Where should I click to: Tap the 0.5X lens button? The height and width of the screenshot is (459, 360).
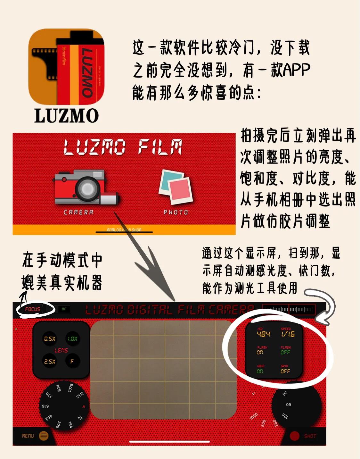(x=50, y=339)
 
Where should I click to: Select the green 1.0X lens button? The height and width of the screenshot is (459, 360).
(x=73, y=339)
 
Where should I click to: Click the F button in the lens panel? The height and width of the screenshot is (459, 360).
(x=72, y=361)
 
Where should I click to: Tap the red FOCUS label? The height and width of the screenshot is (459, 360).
(x=32, y=309)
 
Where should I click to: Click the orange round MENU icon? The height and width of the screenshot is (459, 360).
(x=44, y=436)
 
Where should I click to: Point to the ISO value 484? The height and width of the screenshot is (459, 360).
(x=263, y=334)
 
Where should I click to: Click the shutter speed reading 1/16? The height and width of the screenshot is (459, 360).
(x=288, y=334)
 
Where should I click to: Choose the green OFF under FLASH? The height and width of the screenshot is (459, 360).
(x=285, y=352)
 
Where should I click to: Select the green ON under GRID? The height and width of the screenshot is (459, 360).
(x=260, y=371)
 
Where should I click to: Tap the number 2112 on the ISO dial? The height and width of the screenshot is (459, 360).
(x=80, y=395)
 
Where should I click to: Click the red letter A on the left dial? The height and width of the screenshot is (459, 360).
(x=84, y=406)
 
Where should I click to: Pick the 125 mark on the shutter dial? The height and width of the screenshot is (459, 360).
(x=285, y=416)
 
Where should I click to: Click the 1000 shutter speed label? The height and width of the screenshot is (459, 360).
(x=253, y=416)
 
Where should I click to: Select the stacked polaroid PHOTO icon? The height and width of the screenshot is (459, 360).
(x=175, y=187)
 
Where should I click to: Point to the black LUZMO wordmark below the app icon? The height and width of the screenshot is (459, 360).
(x=66, y=116)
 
